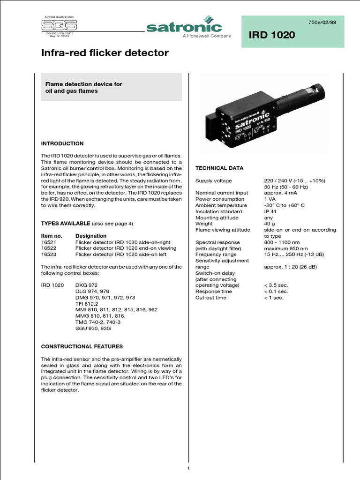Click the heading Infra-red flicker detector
tap(105, 53)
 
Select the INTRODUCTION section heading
tap(62, 143)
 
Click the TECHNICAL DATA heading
tap(219, 168)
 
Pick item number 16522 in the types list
tap(49, 248)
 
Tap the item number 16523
tap(49, 254)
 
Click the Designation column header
tap(91, 236)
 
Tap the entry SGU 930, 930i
tap(93, 328)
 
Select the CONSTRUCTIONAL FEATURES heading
tap(82, 346)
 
